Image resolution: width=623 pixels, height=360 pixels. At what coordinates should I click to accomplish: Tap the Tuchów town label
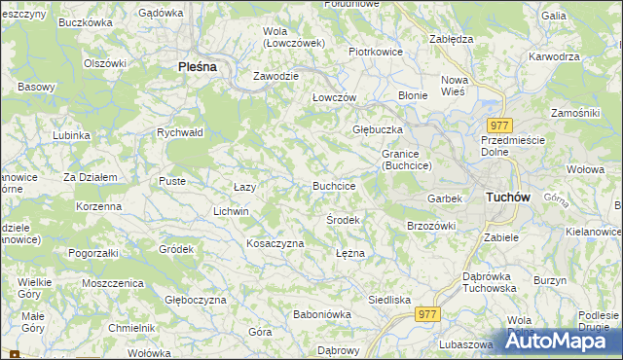(x=507, y=198)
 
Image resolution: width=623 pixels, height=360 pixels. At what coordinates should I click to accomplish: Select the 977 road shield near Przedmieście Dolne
(x=500, y=126)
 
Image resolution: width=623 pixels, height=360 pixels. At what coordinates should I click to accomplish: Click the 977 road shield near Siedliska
(x=427, y=314)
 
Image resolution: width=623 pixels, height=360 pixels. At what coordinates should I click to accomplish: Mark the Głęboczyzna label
(x=196, y=301)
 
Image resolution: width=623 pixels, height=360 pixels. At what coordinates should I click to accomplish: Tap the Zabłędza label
(x=451, y=40)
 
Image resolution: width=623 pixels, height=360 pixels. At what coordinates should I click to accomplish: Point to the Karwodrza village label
(x=555, y=56)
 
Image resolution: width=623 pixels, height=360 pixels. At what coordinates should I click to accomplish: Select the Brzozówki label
(x=431, y=226)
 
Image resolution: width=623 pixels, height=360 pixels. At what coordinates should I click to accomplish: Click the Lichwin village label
(x=232, y=211)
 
